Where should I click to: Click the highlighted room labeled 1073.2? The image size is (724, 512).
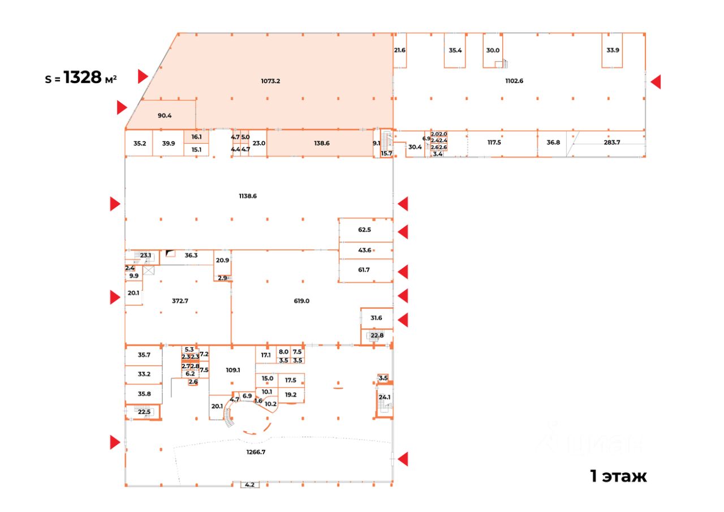(270, 81)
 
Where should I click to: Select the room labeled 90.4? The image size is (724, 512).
(165, 115)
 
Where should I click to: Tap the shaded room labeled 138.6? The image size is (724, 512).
(321, 143)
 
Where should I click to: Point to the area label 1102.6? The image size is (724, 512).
(514, 80)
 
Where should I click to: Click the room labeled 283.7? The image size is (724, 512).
(612, 143)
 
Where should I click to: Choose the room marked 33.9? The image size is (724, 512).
(613, 50)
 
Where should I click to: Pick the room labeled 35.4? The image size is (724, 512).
(455, 50)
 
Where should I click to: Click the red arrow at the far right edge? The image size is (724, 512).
(656, 82)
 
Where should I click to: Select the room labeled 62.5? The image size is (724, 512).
(364, 230)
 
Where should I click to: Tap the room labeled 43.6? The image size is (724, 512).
(364, 250)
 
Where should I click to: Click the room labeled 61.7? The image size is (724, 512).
(364, 270)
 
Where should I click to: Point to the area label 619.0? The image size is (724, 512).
(301, 301)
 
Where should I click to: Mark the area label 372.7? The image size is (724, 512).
(180, 301)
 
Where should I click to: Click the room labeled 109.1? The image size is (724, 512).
(232, 370)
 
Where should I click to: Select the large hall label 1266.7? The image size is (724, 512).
(256, 451)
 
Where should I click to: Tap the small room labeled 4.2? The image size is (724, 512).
(249, 485)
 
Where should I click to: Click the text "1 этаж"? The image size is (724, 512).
(618, 476)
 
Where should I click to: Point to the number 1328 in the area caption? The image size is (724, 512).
(82, 78)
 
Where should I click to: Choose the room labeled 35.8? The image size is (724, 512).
(144, 394)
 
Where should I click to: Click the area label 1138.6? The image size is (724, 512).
(248, 196)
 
